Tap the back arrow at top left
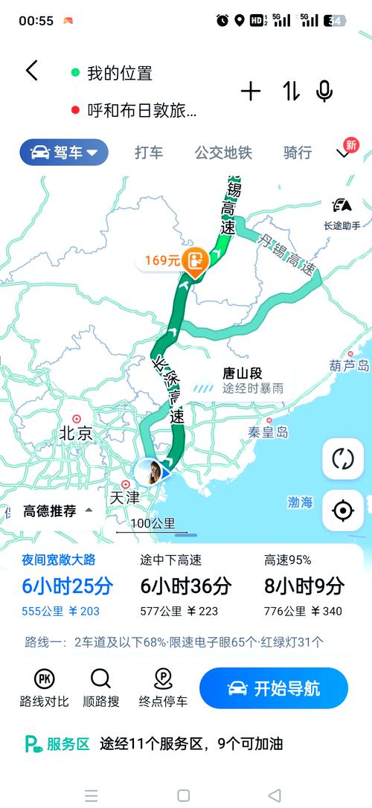pos(31,71)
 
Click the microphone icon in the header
pos(324,92)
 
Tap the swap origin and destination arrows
pos(291,92)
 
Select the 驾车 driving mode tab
pos(64,153)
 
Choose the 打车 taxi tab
pos(149,153)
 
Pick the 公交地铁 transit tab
pos(223,153)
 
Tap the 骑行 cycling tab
pos(298,153)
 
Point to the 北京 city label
pos(76,432)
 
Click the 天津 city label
pos(124,496)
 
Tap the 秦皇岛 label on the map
pos(268,432)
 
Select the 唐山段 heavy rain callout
pos(242,381)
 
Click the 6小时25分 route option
pos(67,586)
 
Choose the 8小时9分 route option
pos(304,586)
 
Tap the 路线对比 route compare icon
pos(44,688)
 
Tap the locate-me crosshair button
pos(343,511)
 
